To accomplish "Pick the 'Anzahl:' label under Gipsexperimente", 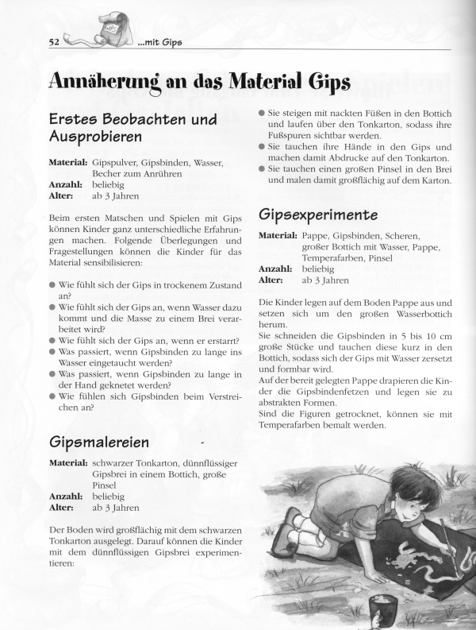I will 277,269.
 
